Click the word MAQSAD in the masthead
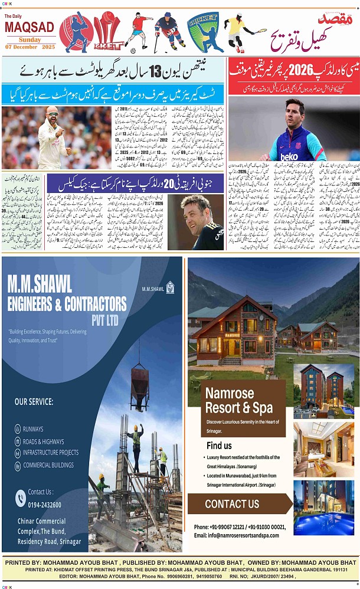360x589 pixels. (x=30, y=28)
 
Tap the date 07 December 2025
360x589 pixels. (x=30, y=46)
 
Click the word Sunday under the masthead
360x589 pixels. (x=30, y=39)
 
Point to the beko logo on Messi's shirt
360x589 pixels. (x=289, y=157)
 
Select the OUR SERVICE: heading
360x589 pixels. (x=34, y=401)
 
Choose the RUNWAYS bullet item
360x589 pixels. (x=33, y=429)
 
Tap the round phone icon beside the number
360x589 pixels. (x=21, y=499)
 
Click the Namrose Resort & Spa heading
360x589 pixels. (x=238, y=400)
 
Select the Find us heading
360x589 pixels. (x=219, y=445)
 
